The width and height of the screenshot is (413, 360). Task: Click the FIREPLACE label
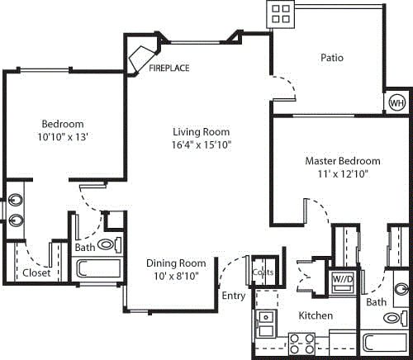pyautogui.click(x=169, y=69)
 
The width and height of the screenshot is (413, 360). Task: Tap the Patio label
pyautogui.click(x=332, y=58)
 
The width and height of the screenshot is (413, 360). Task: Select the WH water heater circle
pyautogui.click(x=396, y=103)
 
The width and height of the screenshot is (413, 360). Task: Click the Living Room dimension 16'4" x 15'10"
pyautogui.click(x=201, y=144)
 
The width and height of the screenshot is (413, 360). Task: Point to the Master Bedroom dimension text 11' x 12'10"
pyautogui.click(x=342, y=174)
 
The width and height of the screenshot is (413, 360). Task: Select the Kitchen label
pyautogui.click(x=315, y=316)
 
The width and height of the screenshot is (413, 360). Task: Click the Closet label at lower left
pyautogui.click(x=36, y=272)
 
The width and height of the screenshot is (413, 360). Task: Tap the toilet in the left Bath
pyautogui.click(x=107, y=245)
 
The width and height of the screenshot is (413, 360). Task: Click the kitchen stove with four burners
pyautogui.click(x=302, y=342)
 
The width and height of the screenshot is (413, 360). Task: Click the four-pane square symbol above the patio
pyautogui.click(x=281, y=12)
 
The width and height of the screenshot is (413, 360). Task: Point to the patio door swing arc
pyautogui.click(x=285, y=85)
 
